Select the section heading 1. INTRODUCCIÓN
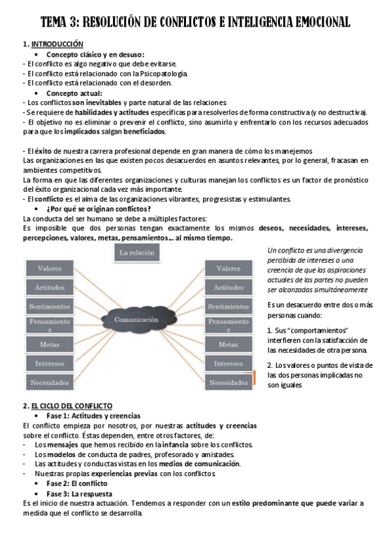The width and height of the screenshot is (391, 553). tap(53, 44)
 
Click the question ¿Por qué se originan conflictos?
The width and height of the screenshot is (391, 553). tap(99, 209)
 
